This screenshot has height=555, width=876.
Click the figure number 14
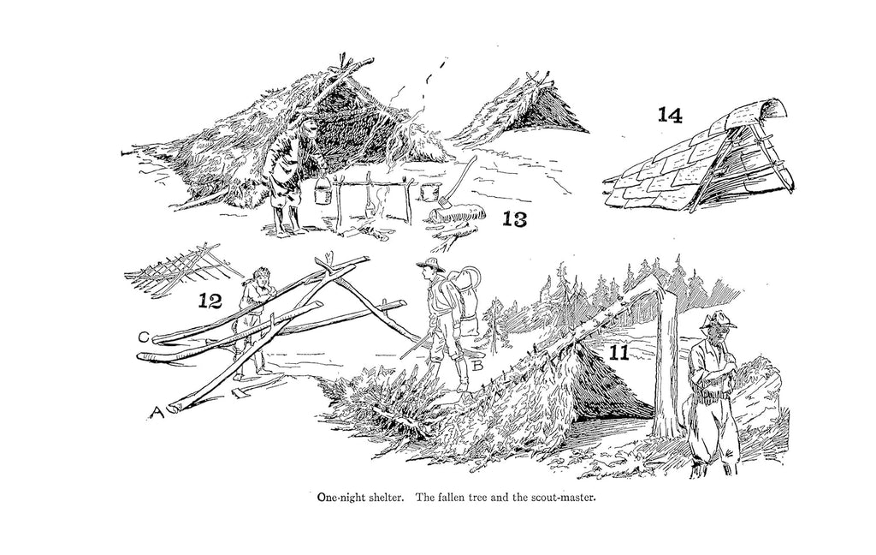point(670,115)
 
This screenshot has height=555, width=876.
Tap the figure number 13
point(514,218)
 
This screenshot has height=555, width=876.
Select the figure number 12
point(210,301)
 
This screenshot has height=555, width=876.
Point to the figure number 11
point(619,353)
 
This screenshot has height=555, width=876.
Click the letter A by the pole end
point(157,412)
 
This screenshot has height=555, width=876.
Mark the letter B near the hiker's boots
point(477,366)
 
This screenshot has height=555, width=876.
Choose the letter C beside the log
point(144,337)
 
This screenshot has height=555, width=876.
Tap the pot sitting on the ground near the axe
point(429,191)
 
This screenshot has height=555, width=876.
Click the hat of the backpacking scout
point(431,265)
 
